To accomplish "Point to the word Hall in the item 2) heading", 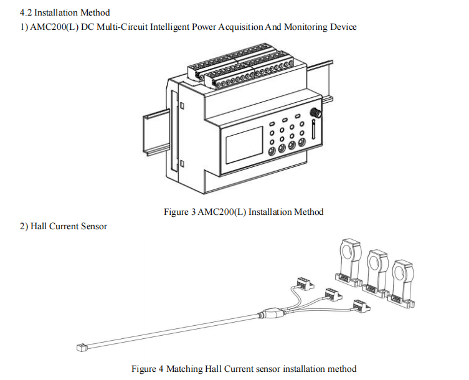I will tap(40, 226).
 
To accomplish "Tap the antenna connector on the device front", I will tap(315, 114).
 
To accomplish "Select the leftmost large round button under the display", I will tap(272, 151).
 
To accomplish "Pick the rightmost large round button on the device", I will tap(302, 143).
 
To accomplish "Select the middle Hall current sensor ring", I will tap(374, 262).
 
